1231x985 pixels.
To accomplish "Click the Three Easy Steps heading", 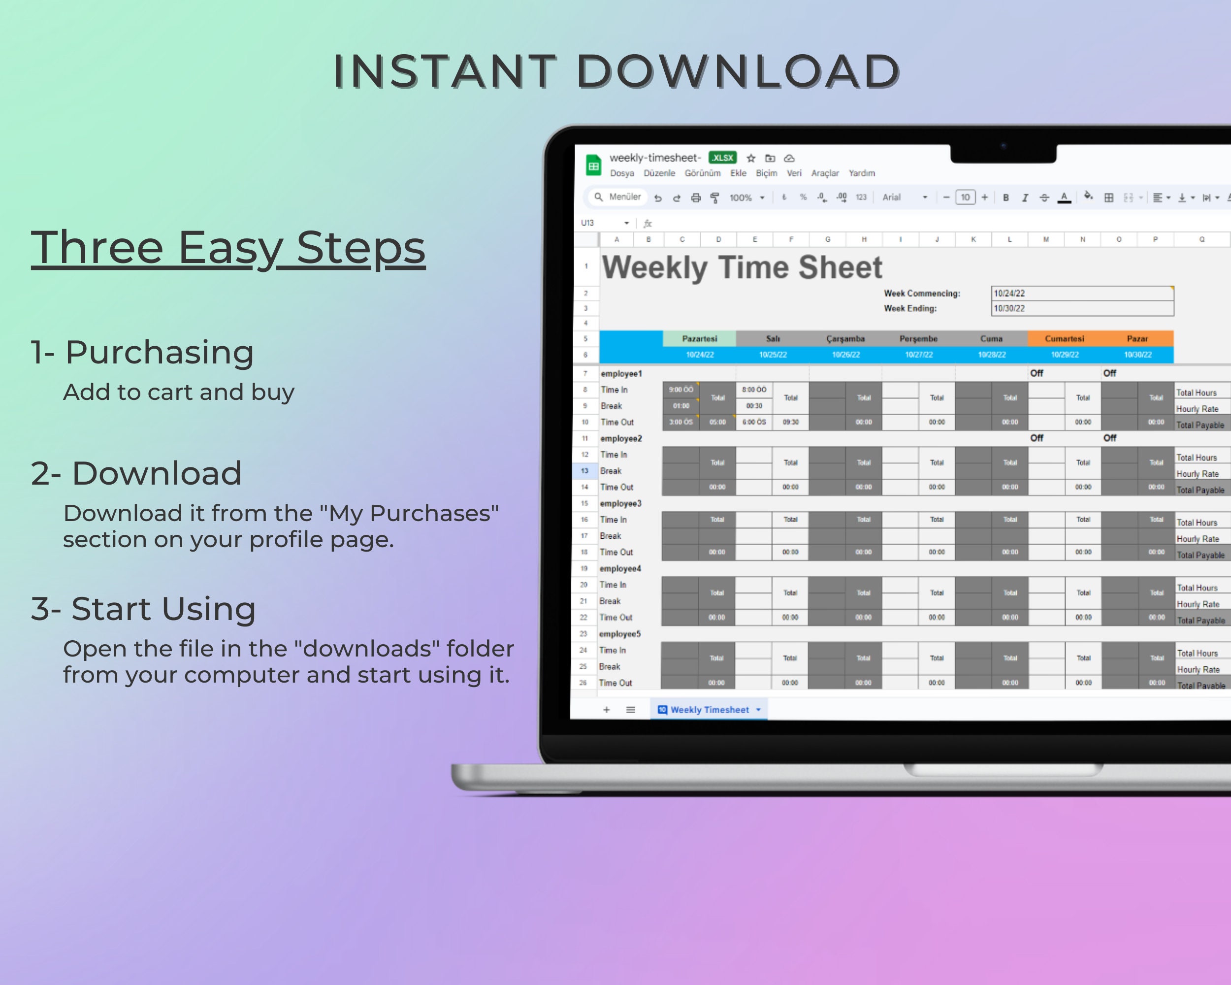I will [x=228, y=248].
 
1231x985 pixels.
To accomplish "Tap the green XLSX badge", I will [x=722, y=158].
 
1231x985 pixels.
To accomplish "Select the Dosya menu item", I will [x=622, y=173].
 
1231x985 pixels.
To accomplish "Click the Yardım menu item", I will [x=861, y=173].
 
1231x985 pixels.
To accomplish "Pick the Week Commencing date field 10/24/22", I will [x=1081, y=293].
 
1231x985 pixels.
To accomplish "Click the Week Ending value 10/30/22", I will [x=1081, y=308].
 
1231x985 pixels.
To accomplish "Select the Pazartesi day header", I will [x=699, y=339].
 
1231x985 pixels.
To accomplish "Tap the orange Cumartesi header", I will [x=1064, y=339].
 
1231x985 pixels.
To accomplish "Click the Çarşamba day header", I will [x=845, y=339].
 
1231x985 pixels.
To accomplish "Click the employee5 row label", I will [x=619, y=634].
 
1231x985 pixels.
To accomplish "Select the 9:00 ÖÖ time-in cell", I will [x=680, y=390].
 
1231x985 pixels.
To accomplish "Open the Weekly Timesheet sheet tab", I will [x=709, y=710].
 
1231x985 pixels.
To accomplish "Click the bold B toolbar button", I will [x=1005, y=197].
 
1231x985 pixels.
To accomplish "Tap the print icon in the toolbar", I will [x=695, y=197].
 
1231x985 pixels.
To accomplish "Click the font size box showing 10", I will [x=965, y=197].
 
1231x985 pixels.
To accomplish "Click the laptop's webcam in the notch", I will [x=1003, y=146].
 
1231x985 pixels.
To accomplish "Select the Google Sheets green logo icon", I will [x=594, y=165].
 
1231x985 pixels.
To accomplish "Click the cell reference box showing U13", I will [x=588, y=223].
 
